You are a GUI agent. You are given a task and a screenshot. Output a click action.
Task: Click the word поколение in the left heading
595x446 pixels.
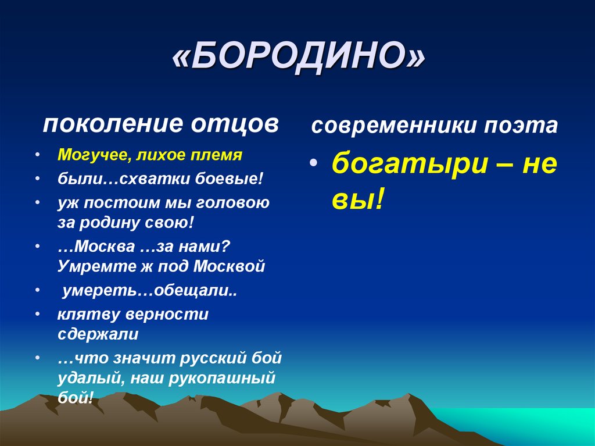click(113, 124)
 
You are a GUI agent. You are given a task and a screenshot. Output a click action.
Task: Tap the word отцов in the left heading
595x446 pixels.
click(234, 124)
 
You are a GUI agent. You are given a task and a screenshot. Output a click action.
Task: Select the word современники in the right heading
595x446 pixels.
click(393, 126)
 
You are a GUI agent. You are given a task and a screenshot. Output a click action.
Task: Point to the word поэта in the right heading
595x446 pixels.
click(521, 126)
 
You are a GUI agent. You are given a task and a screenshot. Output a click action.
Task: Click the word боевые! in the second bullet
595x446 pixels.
click(228, 179)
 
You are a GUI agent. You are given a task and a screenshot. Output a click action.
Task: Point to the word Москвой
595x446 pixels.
click(229, 266)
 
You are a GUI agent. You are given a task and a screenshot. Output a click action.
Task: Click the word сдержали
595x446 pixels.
click(98, 334)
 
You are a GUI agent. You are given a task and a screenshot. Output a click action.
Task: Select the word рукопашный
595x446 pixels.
click(221, 379)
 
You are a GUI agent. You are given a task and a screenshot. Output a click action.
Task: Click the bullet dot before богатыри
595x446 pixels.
click(313, 163)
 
